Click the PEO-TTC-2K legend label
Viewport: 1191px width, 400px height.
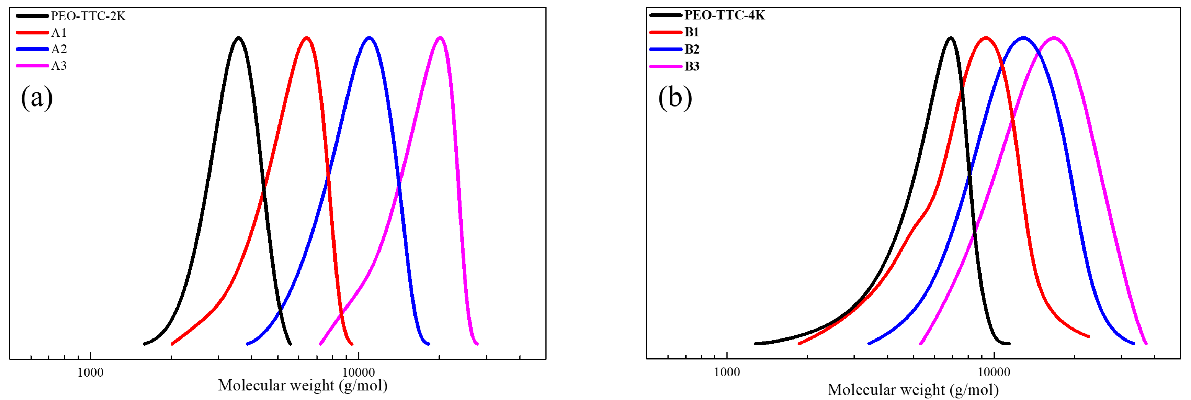(88, 16)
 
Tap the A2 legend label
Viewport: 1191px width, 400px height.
(59, 49)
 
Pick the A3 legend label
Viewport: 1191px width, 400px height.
(59, 66)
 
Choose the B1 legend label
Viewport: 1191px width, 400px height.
(692, 32)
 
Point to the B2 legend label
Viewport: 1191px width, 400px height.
(692, 49)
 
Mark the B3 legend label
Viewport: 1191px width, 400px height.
(692, 66)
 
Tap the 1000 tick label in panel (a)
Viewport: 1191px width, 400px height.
(90, 372)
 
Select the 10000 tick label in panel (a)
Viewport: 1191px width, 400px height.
(359, 372)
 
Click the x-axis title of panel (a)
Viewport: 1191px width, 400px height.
(303, 385)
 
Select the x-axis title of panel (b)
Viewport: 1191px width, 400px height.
(913, 389)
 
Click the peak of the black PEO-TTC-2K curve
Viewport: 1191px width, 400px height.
(239, 37)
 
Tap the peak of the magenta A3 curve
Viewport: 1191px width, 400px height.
(440, 37)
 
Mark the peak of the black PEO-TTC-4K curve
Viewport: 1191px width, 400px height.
(951, 37)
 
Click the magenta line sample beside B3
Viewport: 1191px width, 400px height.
(666, 66)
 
